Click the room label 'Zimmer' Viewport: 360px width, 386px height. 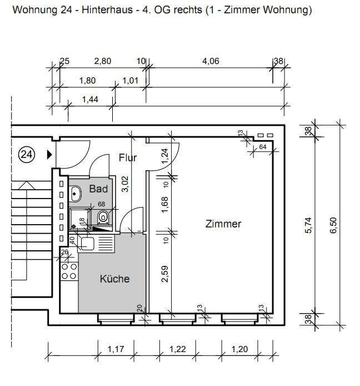(x=223, y=224)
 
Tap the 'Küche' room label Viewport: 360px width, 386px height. (x=114, y=279)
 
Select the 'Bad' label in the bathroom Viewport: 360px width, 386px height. (x=98, y=189)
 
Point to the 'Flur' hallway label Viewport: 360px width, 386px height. (x=128, y=158)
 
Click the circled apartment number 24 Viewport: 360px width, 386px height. (x=26, y=155)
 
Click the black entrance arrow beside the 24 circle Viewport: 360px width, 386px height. (x=49, y=155)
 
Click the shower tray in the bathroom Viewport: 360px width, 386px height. (x=79, y=217)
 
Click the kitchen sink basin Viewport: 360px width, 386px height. (x=87, y=243)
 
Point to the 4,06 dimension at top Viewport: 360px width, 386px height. (x=210, y=62)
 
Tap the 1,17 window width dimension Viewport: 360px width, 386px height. (x=116, y=349)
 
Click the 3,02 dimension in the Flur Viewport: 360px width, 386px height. (x=126, y=185)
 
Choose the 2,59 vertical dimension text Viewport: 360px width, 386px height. (x=164, y=275)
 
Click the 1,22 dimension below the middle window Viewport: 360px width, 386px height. (x=178, y=349)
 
